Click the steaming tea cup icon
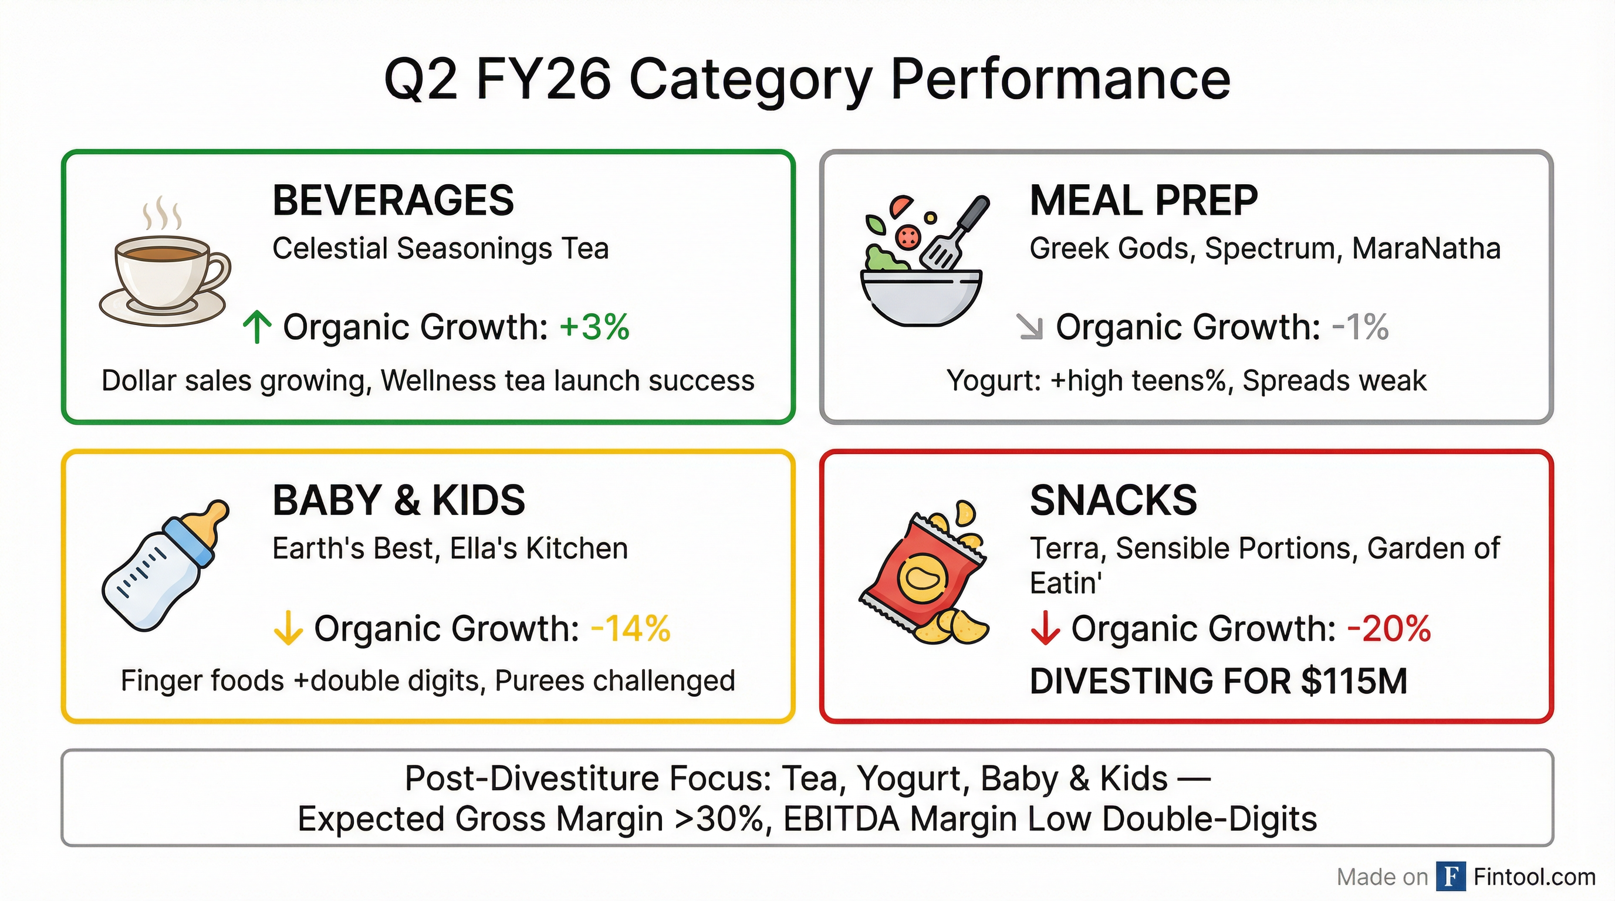click(x=165, y=269)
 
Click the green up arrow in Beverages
click(x=257, y=328)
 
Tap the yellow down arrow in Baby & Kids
click(x=288, y=628)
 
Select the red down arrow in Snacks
click(x=1045, y=628)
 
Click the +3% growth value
click(x=594, y=327)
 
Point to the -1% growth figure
click(x=1360, y=327)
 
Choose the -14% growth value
click(x=631, y=628)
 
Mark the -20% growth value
click(x=1388, y=628)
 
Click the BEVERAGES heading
click(x=393, y=201)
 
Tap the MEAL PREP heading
click(x=1144, y=201)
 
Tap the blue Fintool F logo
click(x=1451, y=876)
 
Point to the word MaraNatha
click(x=1426, y=249)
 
